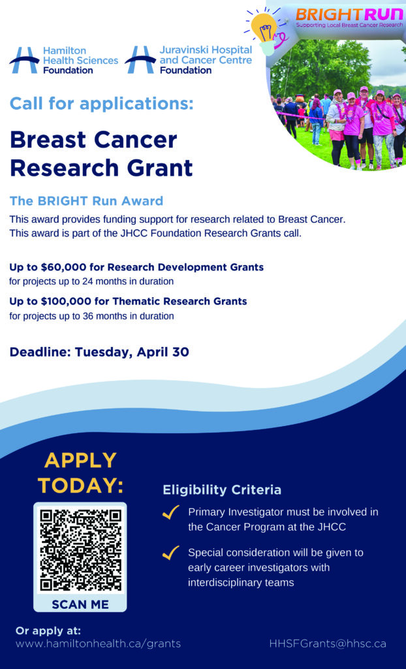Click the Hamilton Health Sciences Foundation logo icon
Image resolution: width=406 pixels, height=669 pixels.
click(24, 61)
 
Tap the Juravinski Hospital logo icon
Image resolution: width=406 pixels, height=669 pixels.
click(140, 60)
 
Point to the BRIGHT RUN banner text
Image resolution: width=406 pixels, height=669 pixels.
click(349, 16)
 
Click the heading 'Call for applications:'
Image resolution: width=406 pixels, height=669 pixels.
click(102, 104)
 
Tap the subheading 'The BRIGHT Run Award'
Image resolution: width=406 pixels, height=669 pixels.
click(87, 201)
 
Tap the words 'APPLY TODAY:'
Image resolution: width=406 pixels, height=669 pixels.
click(80, 472)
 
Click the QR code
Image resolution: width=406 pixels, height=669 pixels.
click(80, 550)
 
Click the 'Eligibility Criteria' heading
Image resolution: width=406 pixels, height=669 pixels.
click(222, 490)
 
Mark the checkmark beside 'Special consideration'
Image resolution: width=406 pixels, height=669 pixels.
click(170, 554)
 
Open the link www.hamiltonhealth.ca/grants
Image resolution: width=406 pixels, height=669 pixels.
click(98, 644)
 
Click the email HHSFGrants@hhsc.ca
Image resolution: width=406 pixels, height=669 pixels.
click(328, 644)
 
